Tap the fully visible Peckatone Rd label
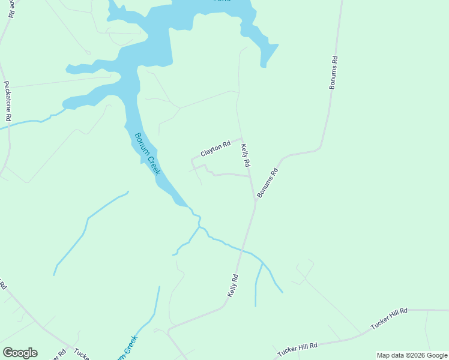pos(8,103)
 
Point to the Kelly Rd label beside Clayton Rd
pos(245,155)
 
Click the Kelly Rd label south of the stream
pos(233,286)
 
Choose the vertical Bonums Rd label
pos(334,73)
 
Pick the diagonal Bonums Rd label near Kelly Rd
pos(268,183)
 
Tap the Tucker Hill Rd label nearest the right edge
pos(389,318)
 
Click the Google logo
pos(20,353)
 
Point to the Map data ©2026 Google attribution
pos(412,355)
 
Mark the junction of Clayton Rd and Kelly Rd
pos(242,139)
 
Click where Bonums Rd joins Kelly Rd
pos(255,201)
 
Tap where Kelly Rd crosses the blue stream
pos(240,250)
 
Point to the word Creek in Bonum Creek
pos(154,163)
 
